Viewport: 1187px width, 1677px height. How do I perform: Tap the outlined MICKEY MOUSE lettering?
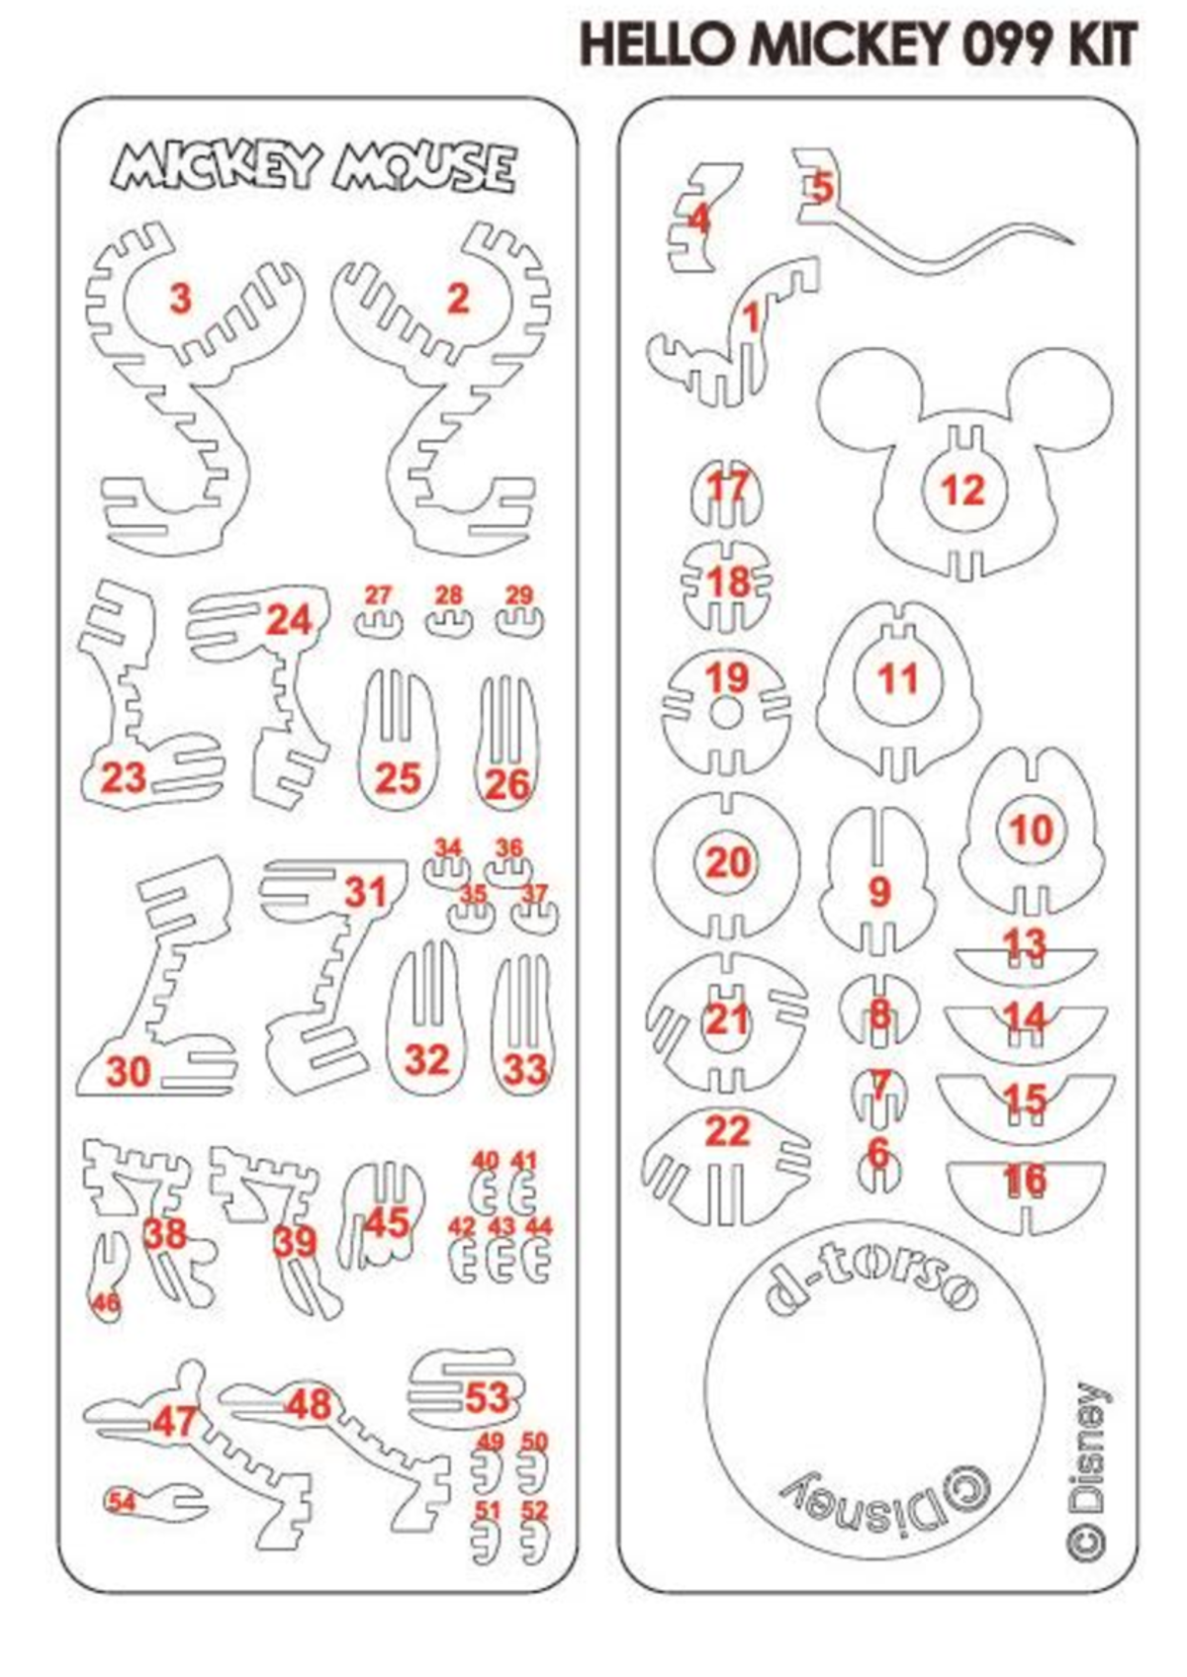tap(314, 167)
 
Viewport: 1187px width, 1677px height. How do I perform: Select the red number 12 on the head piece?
tap(962, 489)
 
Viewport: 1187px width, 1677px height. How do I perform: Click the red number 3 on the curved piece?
tap(179, 298)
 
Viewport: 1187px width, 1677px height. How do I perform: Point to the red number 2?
tap(457, 298)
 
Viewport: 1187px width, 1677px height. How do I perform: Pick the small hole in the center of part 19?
tap(727, 713)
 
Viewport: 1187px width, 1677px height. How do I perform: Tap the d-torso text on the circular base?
tap(870, 1282)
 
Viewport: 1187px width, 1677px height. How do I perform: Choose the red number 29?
tap(519, 595)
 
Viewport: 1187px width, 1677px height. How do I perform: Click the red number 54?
tap(122, 1501)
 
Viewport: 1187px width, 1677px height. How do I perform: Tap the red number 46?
tap(105, 1303)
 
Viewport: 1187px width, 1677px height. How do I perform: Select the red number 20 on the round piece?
tap(727, 862)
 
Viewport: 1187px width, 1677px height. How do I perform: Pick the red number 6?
tap(877, 1151)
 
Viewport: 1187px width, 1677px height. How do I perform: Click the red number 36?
tap(508, 847)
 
